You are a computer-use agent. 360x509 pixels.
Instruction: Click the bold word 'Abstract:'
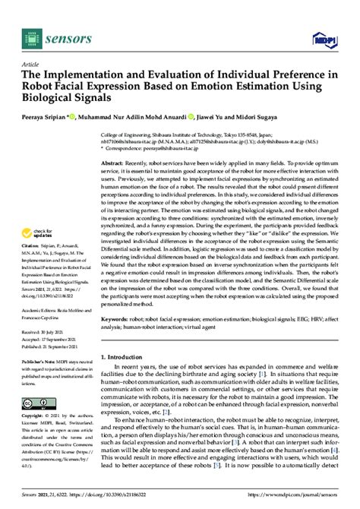point(118,163)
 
